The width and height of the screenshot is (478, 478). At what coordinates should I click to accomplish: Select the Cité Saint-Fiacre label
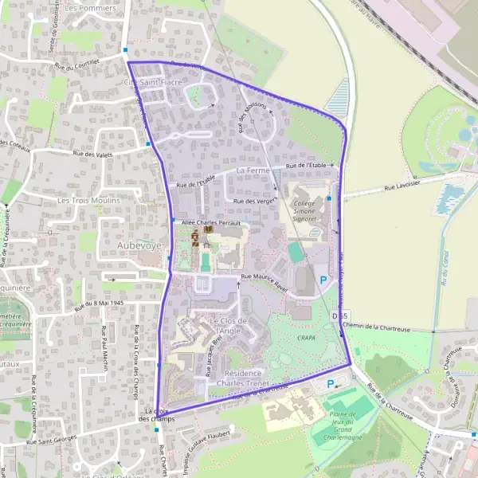[151, 82]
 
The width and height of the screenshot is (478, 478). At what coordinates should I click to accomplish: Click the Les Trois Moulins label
[88, 201]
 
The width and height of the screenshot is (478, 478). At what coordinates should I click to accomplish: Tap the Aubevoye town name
[117, 245]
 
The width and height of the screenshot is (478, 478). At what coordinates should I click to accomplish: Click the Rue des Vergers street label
[253, 202]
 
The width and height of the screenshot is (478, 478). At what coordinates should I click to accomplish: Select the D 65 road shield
[340, 316]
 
